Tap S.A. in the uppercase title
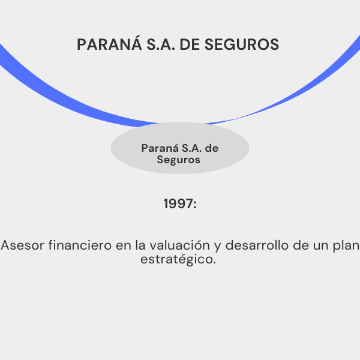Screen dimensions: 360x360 (x=161, y=44)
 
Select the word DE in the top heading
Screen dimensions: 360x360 (x=190, y=44)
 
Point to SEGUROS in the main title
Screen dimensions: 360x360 (x=242, y=44)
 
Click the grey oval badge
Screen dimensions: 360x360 (x=180, y=148)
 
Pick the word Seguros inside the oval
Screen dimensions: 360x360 (x=178, y=160)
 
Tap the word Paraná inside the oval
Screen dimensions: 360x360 (x=160, y=148)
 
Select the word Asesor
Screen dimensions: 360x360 (x=22, y=245)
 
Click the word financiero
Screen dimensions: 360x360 (x=80, y=245)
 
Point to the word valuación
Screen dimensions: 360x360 (x=180, y=245)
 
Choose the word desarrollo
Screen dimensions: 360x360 (x=257, y=245)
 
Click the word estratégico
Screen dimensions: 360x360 (x=178, y=260)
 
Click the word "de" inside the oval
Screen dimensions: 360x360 (x=211, y=148)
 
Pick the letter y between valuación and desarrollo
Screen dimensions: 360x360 (x=218, y=247)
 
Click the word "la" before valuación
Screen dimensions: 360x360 (x=140, y=245)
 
